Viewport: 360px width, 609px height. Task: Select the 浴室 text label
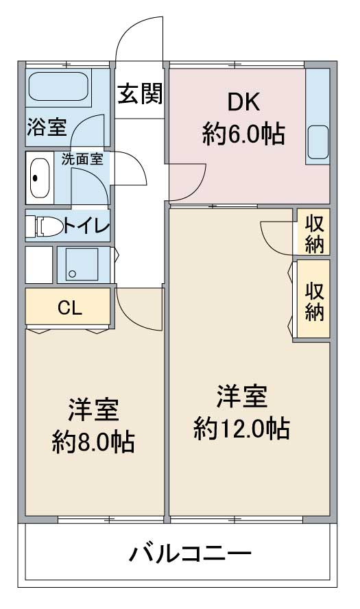pyautogui.click(x=47, y=127)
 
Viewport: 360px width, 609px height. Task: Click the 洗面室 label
pyautogui.click(x=82, y=159)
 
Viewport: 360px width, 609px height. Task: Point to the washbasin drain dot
pyautogui.click(x=36, y=178)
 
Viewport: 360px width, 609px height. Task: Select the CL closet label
pyautogui.click(x=70, y=308)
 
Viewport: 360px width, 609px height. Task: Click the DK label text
pyautogui.click(x=243, y=103)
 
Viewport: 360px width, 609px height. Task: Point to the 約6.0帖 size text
pyautogui.click(x=243, y=134)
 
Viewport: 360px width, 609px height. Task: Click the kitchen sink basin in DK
pyautogui.click(x=317, y=142)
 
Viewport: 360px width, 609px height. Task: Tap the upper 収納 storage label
pyautogui.click(x=315, y=233)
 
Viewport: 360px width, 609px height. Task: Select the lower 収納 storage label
pyautogui.click(x=315, y=301)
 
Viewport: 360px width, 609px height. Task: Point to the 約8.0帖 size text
pyautogui.click(x=93, y=441)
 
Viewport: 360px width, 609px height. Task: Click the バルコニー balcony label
pyautogui.click(x=191, y=553)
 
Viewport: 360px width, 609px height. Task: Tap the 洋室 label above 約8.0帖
pyautogui.click(x=93, y=409)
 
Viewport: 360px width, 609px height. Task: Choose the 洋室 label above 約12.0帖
pyautogui.click(x=241, y=396)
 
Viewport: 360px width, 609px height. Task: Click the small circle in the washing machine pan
pyautogui.click(x=72, y=274)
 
